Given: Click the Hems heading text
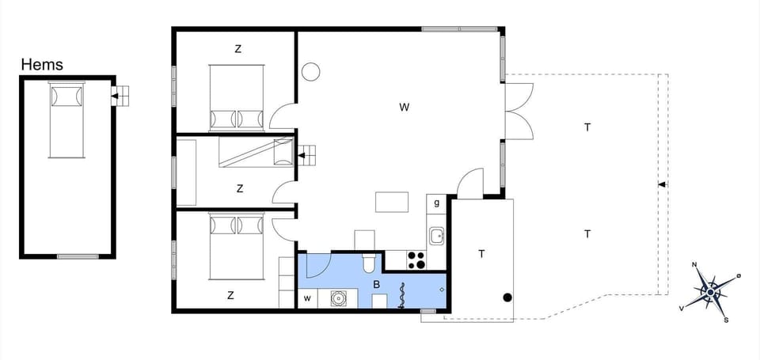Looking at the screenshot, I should point(42,65).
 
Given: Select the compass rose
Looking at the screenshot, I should point(710,292).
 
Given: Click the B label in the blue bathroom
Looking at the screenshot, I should point(376,285).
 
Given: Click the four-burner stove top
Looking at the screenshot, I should point(416,260).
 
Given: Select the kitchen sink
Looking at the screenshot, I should point(437,235).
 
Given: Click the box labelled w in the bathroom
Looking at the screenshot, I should point(307,298).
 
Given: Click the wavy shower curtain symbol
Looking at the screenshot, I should point(402,296).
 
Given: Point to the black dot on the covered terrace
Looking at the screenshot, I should point(507,297).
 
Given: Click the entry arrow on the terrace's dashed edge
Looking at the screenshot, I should point(662,184).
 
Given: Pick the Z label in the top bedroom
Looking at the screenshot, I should point(237,49).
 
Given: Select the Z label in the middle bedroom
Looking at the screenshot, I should point(239,188).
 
